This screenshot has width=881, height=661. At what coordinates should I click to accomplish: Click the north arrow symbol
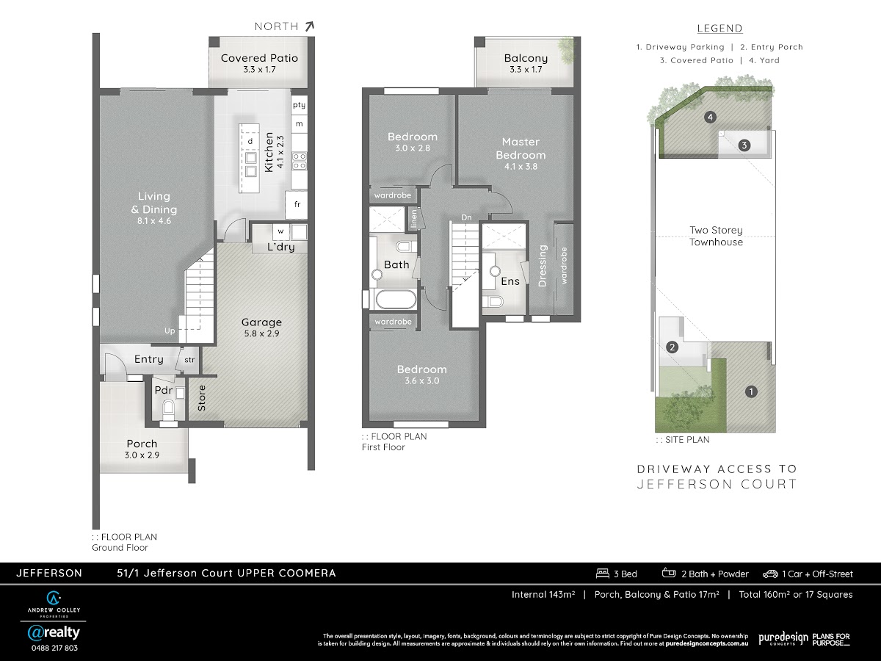click(x=309, y=26)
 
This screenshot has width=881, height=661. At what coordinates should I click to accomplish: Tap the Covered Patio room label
click(x=259, y=58)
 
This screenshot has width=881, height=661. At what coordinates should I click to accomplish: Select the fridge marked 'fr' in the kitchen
click(x=297, y=205)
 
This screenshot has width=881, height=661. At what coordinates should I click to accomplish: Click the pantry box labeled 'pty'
click(x=299, y=105)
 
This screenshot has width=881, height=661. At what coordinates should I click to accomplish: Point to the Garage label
click(x=261, y=322)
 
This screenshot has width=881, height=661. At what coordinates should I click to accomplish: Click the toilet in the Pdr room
click(x=168, y=408)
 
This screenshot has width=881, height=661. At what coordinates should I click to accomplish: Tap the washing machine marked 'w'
click(x=280, y=231)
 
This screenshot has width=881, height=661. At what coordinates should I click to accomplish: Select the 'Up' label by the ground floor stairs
click(x=170, y=330)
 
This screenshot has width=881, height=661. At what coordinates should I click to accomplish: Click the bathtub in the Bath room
click(x=395, y=300)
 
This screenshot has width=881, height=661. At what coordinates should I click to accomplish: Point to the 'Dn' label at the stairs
click(x=466, y=217)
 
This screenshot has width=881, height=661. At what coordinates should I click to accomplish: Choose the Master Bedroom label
click(x=521, y=148)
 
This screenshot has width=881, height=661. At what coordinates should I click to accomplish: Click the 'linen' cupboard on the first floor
click(x=414, y=218)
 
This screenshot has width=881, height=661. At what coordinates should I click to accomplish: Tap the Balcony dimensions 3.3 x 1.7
click(x=526, y=70)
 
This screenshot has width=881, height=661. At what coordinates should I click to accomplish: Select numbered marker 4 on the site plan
click(x=711, y=118)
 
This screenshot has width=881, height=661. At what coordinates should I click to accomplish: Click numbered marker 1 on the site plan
click(x=751, y=391)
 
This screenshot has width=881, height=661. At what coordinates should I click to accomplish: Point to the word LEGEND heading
click(x=719, y=29)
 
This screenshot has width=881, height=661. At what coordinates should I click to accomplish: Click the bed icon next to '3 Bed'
click(x=603, y=574)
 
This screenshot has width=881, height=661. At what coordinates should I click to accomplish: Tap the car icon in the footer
click(x=770, y=574)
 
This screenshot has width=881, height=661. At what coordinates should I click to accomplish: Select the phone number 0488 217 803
click(x=54, y=649)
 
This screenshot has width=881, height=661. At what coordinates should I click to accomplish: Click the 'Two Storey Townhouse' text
click(x=716, y=236)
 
